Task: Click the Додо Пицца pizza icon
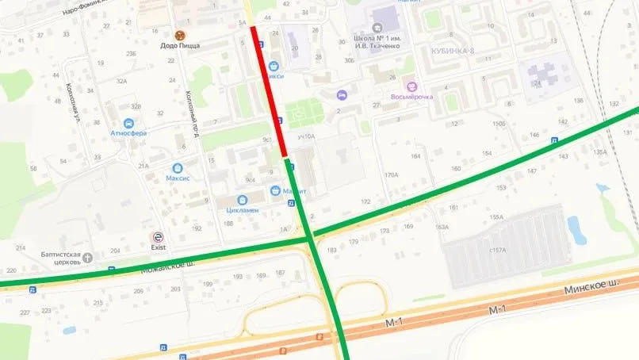coord(179,35)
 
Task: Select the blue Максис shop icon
coord(177,167)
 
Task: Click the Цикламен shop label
coord(243,210)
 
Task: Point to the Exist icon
coord(158,237)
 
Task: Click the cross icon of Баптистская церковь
coord(87,257)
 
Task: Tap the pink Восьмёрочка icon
coord(411,86)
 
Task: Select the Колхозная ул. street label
coord(71,100)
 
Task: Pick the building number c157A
coord(497,251)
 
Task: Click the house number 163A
coord(442,228)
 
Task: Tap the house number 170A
coord(390,174)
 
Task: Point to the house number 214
coord(21,247)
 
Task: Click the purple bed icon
coord(341,95)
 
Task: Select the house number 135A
coord(599,152)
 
